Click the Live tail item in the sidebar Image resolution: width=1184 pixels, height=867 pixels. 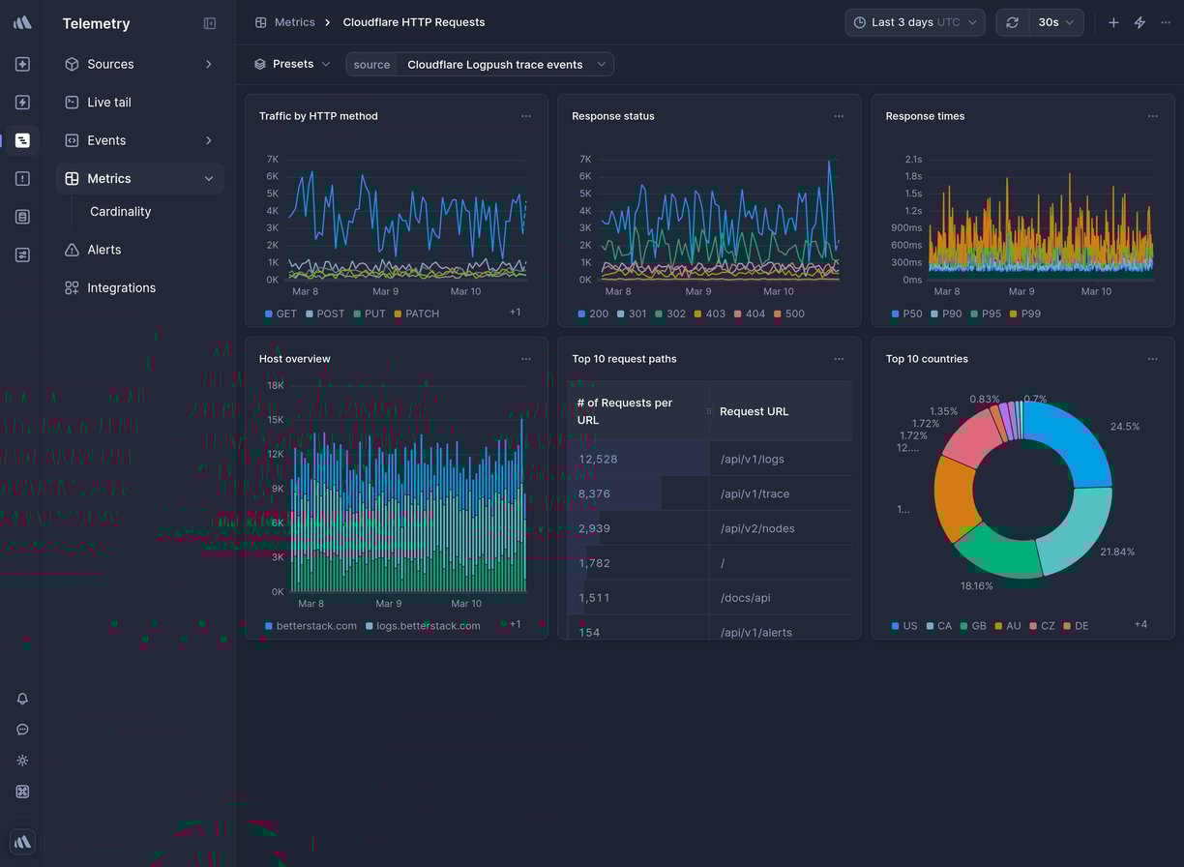[108, 103]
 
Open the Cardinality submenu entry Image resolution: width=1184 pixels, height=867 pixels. [120, 212]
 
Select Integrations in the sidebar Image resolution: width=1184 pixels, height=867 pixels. [121, 288]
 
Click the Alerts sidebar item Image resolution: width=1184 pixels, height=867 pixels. [104, 250]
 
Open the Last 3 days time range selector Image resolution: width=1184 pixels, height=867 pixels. [914, 22]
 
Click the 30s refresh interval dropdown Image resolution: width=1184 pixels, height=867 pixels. [1055, 22]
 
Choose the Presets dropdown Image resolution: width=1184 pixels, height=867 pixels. [292, 65]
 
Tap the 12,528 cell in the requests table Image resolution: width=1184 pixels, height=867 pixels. [598, 460]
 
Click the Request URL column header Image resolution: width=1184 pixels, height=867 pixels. [754, 411]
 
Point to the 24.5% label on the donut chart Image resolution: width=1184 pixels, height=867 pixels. [1124, 427]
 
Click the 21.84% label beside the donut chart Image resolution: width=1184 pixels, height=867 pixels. [1116, 552]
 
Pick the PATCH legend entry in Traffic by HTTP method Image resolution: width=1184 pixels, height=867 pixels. [422, 314]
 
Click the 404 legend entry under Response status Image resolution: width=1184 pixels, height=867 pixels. [755, 314]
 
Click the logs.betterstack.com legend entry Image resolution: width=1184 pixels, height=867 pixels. [428, 626]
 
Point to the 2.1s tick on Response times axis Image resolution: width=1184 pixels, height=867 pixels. [912, 160]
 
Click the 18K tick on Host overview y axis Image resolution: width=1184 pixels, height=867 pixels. [275, 385]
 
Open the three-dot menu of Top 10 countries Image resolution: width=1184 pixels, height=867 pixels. [1152, 359]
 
